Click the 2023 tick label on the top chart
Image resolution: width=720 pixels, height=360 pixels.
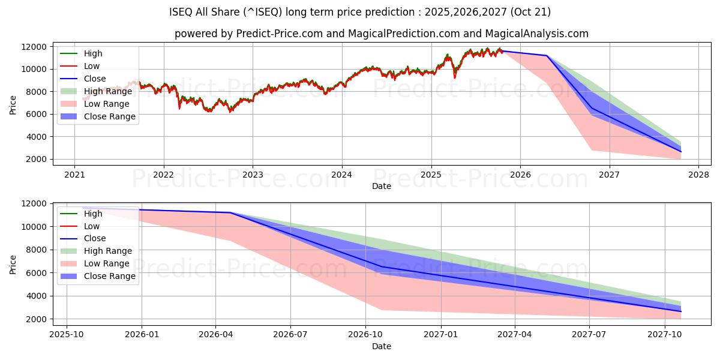click(253, 175)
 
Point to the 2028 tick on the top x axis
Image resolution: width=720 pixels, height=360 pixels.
click(699, 175)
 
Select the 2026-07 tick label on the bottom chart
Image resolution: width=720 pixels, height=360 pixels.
click(290, 335)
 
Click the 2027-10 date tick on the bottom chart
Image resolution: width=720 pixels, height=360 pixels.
click(665, 335)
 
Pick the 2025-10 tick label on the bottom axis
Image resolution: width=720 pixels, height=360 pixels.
click(66, 335)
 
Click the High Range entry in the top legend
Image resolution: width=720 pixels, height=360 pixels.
click(108, 91)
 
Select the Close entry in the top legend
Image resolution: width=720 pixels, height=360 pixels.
click(95, 79)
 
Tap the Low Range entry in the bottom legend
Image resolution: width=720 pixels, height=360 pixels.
click(106, 264)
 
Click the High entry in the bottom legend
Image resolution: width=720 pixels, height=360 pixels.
click(93, 214)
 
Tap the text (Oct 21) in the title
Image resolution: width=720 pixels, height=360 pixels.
click(531, 12)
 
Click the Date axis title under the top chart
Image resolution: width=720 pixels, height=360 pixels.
click(382, 186)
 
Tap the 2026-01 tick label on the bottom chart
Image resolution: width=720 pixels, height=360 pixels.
click(141, 335)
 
